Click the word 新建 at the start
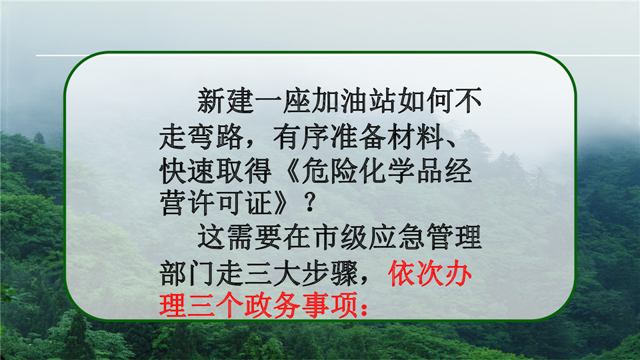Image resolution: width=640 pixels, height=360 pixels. [226, 101]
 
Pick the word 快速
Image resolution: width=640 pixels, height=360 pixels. [187, 171]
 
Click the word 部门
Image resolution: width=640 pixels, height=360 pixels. [187, 273]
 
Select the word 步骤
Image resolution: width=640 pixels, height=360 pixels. [330, 273]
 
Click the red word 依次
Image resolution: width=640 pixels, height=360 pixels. [416, 273]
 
